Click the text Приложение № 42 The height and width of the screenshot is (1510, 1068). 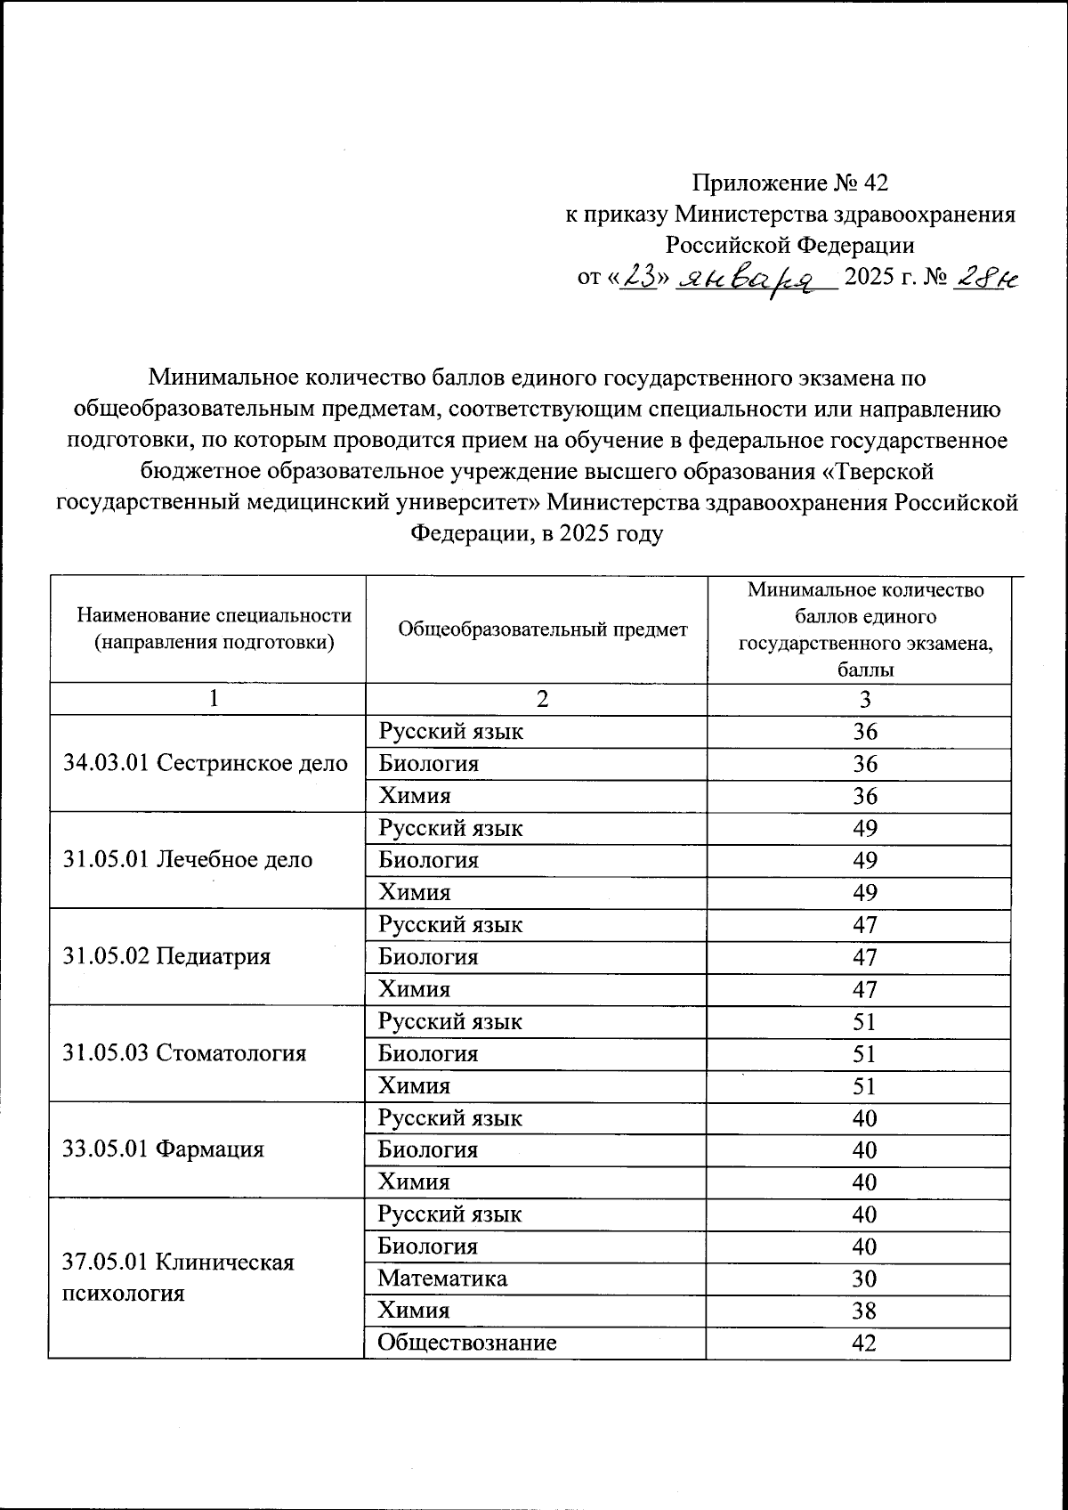[790, 183]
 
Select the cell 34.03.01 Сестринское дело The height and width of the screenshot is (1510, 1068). [206, 763]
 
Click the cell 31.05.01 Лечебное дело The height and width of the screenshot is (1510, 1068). [189, 859]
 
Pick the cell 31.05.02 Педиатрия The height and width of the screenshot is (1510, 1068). [167, 956]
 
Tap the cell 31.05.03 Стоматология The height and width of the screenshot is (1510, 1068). [185, 1052]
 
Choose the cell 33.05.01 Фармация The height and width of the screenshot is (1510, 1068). [165, 1149]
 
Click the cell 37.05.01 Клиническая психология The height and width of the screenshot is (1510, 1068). [178, 1277]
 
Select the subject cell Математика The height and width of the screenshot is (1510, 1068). [442, 1279]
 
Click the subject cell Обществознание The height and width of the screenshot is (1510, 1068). [467, 1343]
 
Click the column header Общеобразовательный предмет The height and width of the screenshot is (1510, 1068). [543, 629]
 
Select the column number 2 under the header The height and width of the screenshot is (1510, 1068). [543, 699]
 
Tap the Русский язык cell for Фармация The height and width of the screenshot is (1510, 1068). [450, 1117]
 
